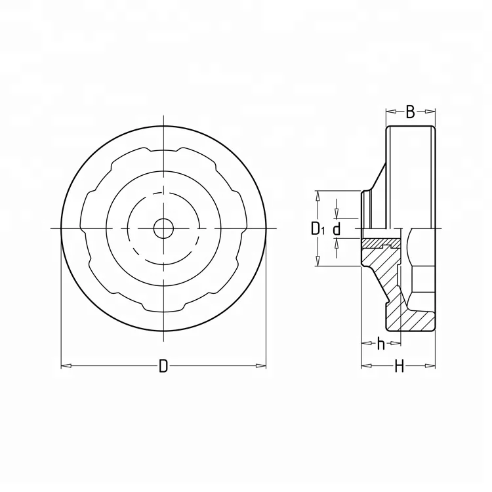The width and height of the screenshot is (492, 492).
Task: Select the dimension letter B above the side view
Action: pyautogui.click(x=410, y=112)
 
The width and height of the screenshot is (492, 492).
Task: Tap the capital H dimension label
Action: pyautogui.click(x=398, y=367)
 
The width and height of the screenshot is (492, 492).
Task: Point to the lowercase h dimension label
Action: pyautogui.click(x=380, y=343)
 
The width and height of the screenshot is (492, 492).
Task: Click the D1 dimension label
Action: pyautogui.click(x=317, y=229)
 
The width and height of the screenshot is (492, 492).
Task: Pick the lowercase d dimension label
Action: pyautogui.click(x=337, y=229)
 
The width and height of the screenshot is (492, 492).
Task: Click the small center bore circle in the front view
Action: pyautogui.click(x=163, y=228)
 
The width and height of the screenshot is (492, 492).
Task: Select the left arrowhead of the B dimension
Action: pyautogui.click(x=390, y=112)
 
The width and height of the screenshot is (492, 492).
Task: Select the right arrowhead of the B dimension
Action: pyautogui.click(x=431, y=112)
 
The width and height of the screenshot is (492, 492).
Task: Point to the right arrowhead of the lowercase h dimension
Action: pyautogui.click(x=396, y=342)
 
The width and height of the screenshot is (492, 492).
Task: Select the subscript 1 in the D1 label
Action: pyautogui.click(x=322, y=232)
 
